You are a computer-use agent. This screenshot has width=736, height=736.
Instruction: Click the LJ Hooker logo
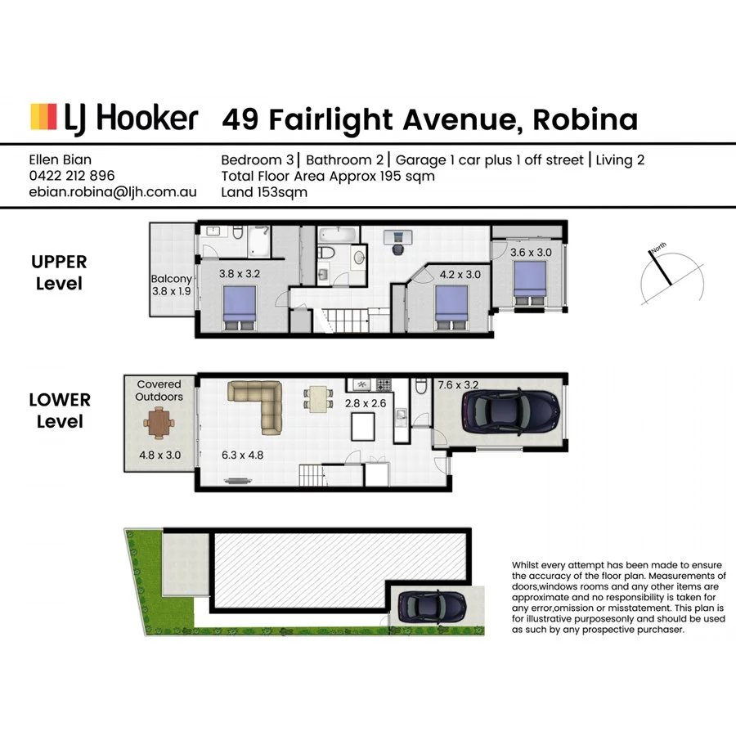click(114, 118)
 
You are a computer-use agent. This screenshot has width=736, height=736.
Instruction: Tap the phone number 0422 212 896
click(71, 176)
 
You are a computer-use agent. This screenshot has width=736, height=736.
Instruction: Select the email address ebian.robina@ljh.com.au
click(112, 193)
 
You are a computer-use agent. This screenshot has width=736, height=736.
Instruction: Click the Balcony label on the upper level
click(171, 279)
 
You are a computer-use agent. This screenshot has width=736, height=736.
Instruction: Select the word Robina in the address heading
click(585, 119)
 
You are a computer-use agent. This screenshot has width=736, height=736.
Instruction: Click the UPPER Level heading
click(59, 273)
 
